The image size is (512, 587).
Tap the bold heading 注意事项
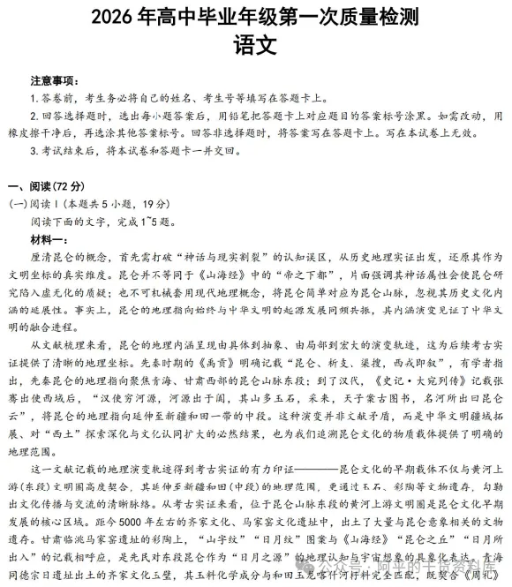pos(54,80)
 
